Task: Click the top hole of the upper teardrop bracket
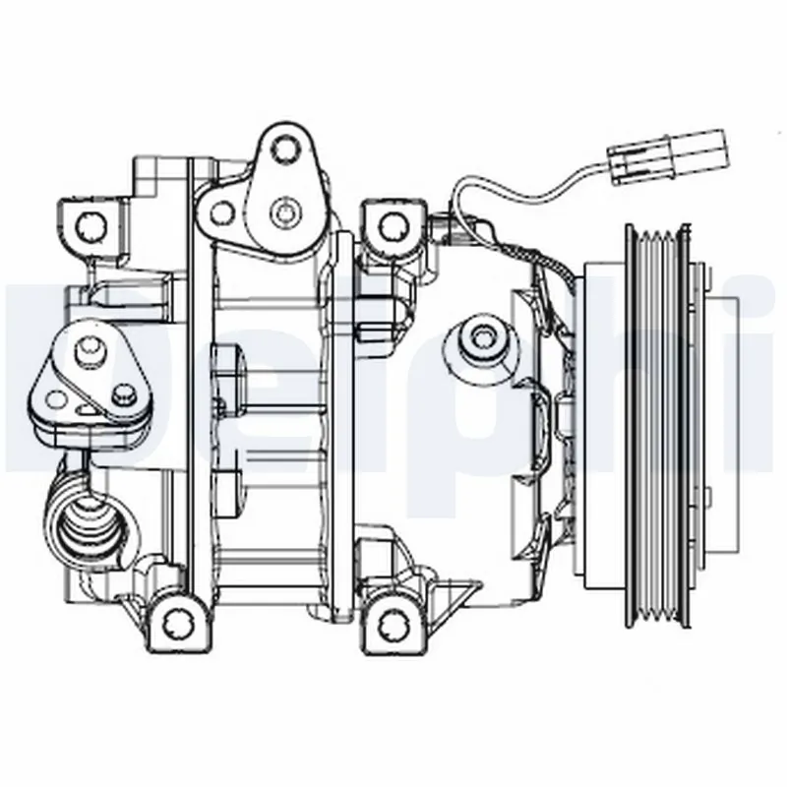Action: [x=285, y=150]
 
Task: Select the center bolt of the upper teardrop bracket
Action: [x=284, y=210]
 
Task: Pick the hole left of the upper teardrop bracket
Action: [x=222, y=212]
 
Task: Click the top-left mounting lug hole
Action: [x=94, y=224]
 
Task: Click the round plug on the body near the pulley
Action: [x=482, y=336]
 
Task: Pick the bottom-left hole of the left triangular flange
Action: [x=57, y=399]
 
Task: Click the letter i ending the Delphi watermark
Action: [x=757, y=374]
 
